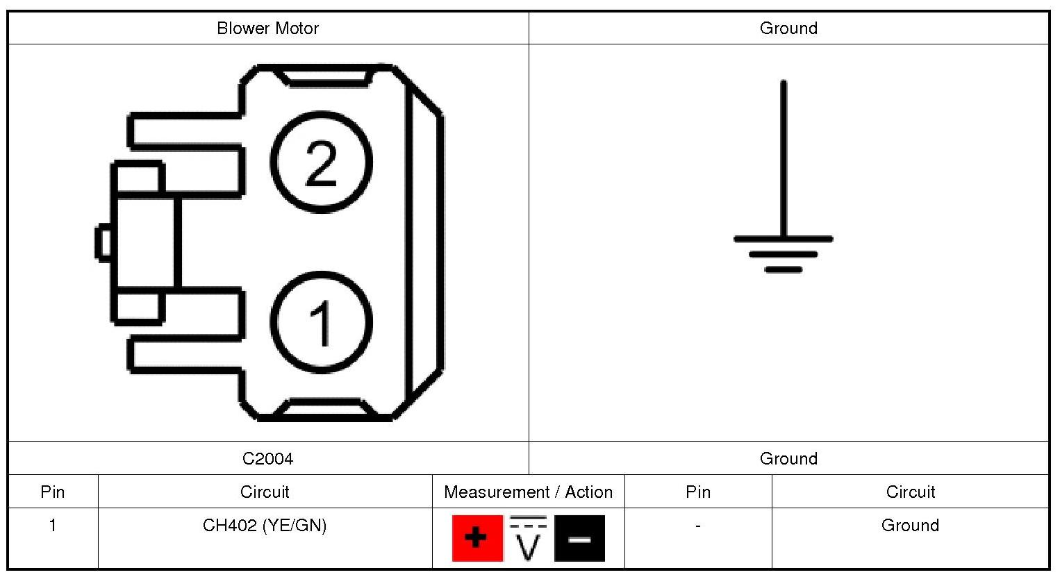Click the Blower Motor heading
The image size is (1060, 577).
[x=268, y=28]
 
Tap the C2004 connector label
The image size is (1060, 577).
[x=268, y=458]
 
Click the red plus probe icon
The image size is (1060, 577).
[x=477, y=538]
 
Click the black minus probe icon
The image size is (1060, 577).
[x=579, y=538]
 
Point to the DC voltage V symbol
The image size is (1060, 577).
[x=528, y=538]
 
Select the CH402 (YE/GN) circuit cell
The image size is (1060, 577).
[x=265, y=526]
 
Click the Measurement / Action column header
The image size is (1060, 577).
[x=528, y=492]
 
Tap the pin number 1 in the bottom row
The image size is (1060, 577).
[x=53, y=525]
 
